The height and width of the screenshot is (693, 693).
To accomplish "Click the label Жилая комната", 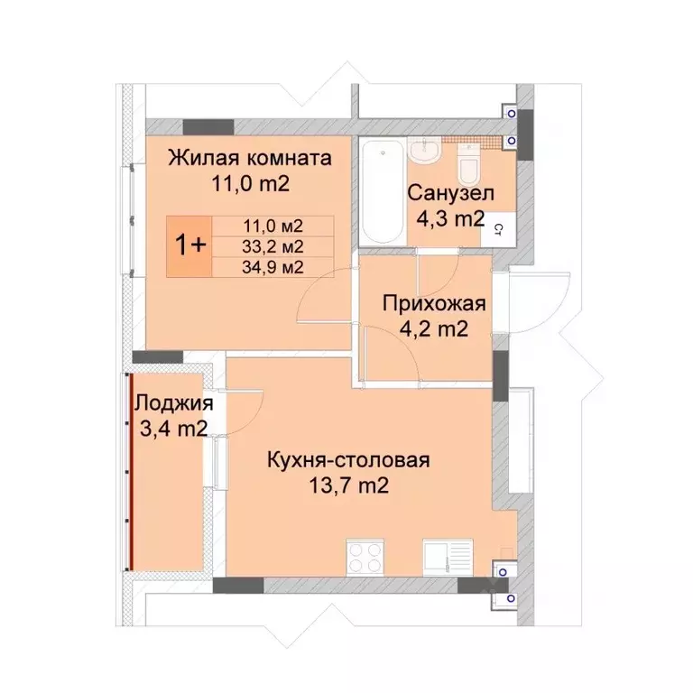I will (x=250, y=159).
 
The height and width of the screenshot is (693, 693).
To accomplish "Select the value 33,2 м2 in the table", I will (x=273, y=245).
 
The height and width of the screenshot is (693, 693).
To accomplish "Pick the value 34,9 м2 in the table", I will (x=273, y=266).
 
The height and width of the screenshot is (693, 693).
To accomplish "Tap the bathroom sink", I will (x=423, y=151).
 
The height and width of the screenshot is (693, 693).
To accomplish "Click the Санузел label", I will (x=448, y=192).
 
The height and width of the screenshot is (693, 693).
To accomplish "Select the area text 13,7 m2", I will (x=347, y=487).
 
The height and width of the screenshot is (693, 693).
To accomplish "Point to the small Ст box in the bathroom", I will (x=497, y=230).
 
